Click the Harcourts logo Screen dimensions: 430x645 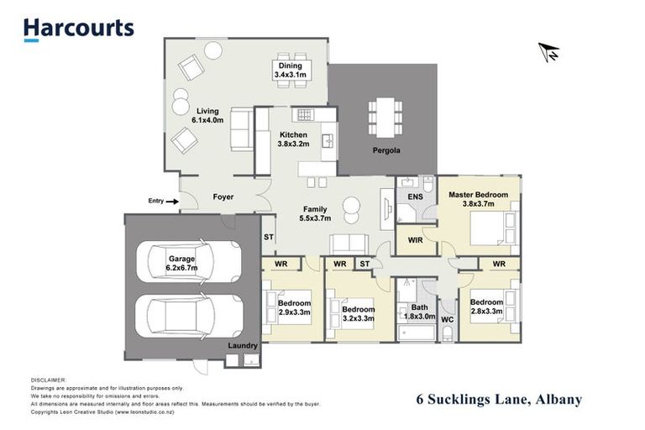click(78, 29)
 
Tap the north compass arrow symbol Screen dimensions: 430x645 click(549, 52)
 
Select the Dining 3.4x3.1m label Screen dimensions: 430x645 click(291, 71)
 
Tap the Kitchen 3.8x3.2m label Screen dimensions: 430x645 click(293, 139)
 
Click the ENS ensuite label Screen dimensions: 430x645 click(415, 197)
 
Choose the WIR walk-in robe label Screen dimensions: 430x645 click(415, 240)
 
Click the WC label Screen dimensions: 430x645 click(447, 319)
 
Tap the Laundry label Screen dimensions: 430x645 click(242, 346)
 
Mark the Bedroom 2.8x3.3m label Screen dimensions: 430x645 click(486, 307)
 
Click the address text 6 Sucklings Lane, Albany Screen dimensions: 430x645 click(499, 400)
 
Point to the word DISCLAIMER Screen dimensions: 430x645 click(48, 380)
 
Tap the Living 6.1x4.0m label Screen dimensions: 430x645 click(208, 116)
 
